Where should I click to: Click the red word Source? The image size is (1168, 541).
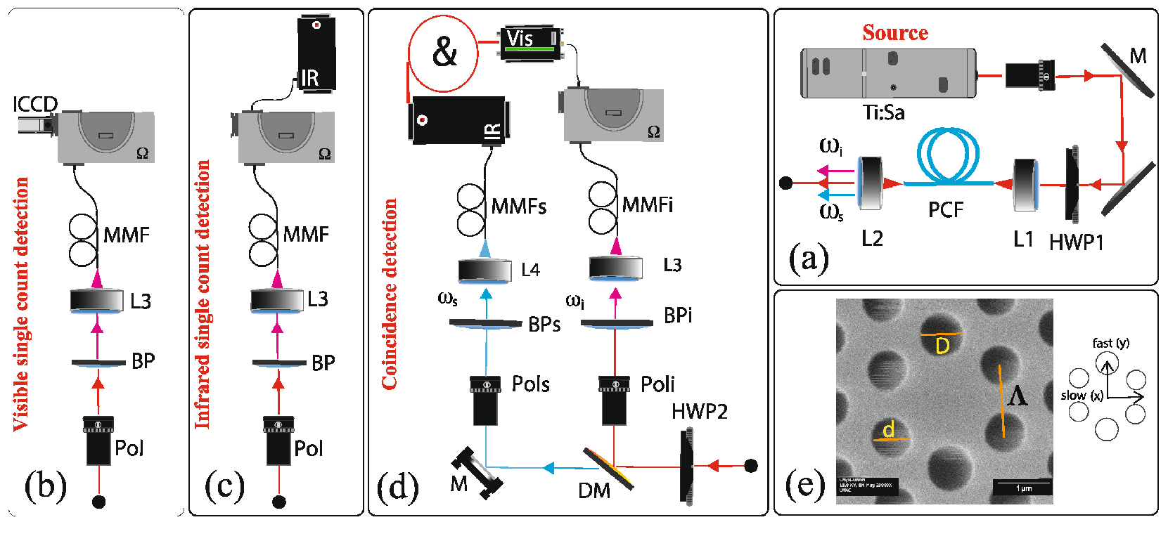pyautogui.click(x=894, y=32)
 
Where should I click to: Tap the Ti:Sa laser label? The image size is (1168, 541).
pyautogui.click(x=883, y=112)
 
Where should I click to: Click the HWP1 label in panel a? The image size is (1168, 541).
pyautogui.click(x=1076, y=242)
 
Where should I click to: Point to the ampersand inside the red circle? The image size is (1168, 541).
pyautogui.click(x=444, y=53)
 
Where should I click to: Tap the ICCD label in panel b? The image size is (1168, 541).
pyautogui.click(x=34, y=105)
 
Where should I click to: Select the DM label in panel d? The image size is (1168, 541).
pyautogui.click(x=593, y=491)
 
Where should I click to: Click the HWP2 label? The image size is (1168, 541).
pyautogui.click(x=699, y=412)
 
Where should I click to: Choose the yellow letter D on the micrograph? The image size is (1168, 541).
pyautogui.click(x=942, y=345)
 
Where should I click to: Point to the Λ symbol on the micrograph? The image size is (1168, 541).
pyautogui.click(x=1017, y=397)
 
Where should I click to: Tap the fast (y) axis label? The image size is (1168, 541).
pyautogui.click(x=1110, y=343)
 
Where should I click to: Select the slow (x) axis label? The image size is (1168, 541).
pyautogui.click(x=1082, y=396)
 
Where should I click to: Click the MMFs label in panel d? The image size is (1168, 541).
pyautogui.click(x=519, y=207)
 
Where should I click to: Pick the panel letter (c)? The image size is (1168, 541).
pyautogui.click(x=224, y=485)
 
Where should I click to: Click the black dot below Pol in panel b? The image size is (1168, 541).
pyautogui.click(x=99, y=502)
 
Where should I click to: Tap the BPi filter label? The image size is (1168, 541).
pyautogui.click(x=678, y=315)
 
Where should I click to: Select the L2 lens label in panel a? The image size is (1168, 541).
pyautogui.click(x=872, y=239)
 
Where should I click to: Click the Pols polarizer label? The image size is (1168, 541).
pyautogui.click(x=530, y=384)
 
